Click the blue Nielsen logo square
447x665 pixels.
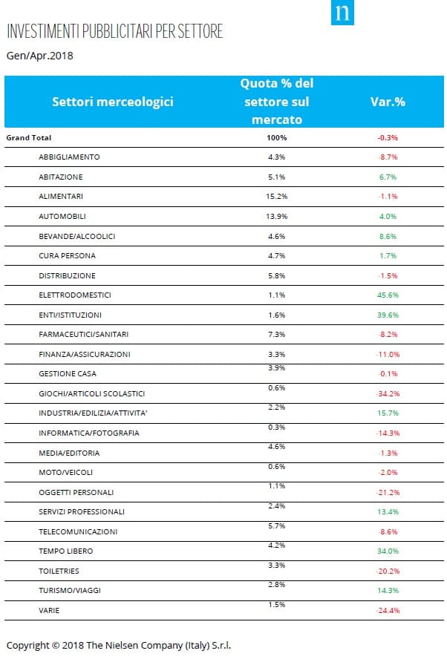(x=342, y=13)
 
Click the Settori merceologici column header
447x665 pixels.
(x=113, y=102)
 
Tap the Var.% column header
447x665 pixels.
(x=388, y=102)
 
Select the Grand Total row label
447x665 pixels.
(x=29, y=138)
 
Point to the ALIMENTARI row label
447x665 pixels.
(x=61, y=197)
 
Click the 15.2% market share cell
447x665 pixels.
(x=276, y=197)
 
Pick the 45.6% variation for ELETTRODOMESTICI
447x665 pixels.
(x=388, y=295)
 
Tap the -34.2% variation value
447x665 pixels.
(x=388, y=394)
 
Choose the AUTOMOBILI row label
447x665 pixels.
(x=62, y=216)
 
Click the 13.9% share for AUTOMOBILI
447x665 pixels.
(x=276, y=216)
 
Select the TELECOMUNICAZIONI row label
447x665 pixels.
(x=78, y=532)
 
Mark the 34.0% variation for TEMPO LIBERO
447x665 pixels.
(x=388, y=551)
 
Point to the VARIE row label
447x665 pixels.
(x=49, y=611)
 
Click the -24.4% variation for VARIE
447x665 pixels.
(x=388, y=611)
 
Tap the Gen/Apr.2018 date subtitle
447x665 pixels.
(x=40, y=56)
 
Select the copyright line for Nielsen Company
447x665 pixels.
(x=119, y=646)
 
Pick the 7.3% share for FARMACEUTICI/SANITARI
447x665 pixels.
(x=276, y=335)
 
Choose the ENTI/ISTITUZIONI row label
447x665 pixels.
(x=71, y=315)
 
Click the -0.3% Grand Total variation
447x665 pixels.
(x=388, y=138)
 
